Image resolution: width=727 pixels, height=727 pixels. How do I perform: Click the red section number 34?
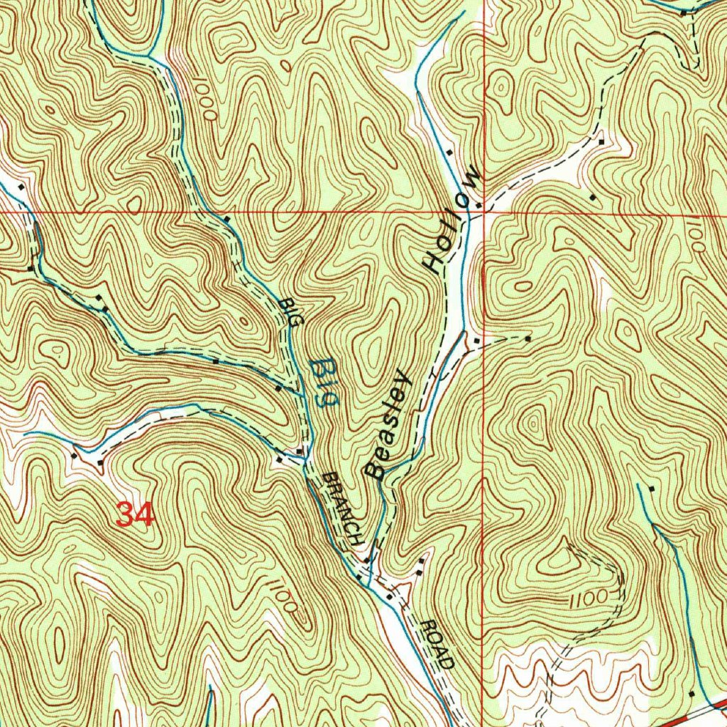pyautogui.click(x=134, y=514)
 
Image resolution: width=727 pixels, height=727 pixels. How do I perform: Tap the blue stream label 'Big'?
pyautogui.click(x=324, y=383)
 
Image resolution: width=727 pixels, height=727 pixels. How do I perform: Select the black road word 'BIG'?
pyautogui.click(x=289, y=312)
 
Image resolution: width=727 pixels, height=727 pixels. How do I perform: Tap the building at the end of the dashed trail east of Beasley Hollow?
pyautogui.click(x=528, y=339)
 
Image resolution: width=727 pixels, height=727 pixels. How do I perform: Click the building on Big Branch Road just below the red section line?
pyautogui.click(x=226, y=219)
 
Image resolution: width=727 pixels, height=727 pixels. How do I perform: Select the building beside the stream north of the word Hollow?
pyautogui.click(x=449, y=152)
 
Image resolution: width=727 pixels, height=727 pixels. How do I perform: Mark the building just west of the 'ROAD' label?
pyautogui.click(x=390, y=596)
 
